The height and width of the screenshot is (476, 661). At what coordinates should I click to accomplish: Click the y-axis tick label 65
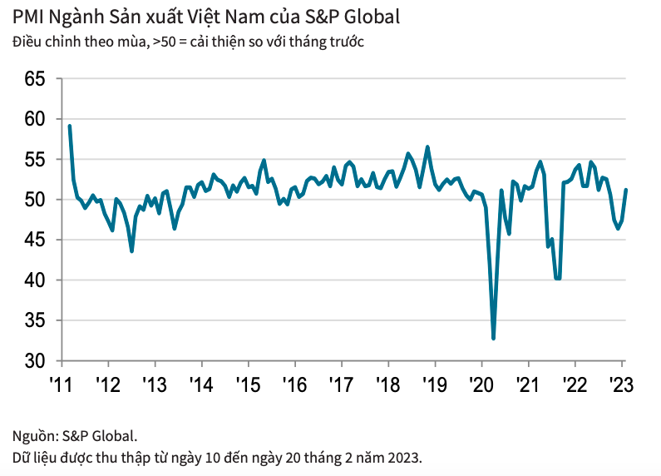point(33,79)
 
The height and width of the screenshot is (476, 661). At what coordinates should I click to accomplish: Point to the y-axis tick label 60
point(33,119)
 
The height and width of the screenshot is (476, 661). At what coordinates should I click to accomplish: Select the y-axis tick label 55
point(33,160)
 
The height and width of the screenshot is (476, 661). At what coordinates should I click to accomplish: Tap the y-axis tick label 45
point(33,240)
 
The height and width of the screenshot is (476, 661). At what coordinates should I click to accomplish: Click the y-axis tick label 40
point(33,280)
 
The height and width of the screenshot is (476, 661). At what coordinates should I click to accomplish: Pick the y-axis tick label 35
point(33,321)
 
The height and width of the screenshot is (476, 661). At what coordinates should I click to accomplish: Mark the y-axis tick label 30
point(33,361)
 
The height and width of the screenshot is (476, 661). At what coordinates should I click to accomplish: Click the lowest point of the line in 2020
point(494,339)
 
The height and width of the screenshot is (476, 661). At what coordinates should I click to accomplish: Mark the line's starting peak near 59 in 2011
point(69,126)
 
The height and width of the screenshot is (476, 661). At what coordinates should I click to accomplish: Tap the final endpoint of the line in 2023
point(626,190)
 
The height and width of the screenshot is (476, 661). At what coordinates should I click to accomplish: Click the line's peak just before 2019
point(427,147)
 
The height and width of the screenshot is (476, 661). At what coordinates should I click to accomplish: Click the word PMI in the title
point(29,17)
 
